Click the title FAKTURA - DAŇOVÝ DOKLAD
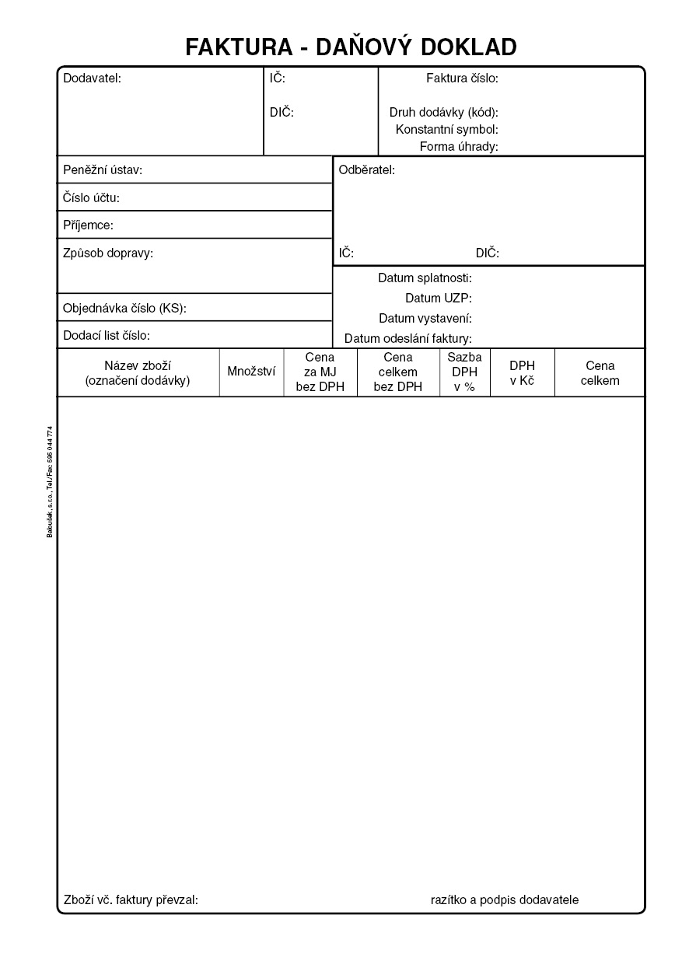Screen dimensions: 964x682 coord(351,47)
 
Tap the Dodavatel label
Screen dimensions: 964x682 coord(92,78)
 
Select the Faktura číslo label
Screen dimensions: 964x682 coord(462,78)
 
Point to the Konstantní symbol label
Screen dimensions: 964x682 coord(446,129)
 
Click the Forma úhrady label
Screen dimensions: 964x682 coord(459,146)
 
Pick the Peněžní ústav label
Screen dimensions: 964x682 coord(103,170)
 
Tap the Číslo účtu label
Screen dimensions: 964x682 coord(91,198)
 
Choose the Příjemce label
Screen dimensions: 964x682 coord(88,225)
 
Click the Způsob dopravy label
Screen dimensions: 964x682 coord(108,253)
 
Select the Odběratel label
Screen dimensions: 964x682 coord(367,170)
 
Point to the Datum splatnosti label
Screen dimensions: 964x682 coord(425,278)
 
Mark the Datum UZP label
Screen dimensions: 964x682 coord(438,298)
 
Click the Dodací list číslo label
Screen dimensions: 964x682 coord(107,336)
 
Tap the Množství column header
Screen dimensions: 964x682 coord(251,372)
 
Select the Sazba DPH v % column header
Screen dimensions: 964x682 coord(464,372)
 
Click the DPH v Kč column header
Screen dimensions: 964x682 coord(522,372)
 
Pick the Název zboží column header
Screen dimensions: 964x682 coord(138,372)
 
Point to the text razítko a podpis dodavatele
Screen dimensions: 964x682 coord(505,899)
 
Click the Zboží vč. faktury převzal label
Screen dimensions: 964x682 coord(131,900)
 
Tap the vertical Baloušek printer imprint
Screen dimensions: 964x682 coord(50,481)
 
